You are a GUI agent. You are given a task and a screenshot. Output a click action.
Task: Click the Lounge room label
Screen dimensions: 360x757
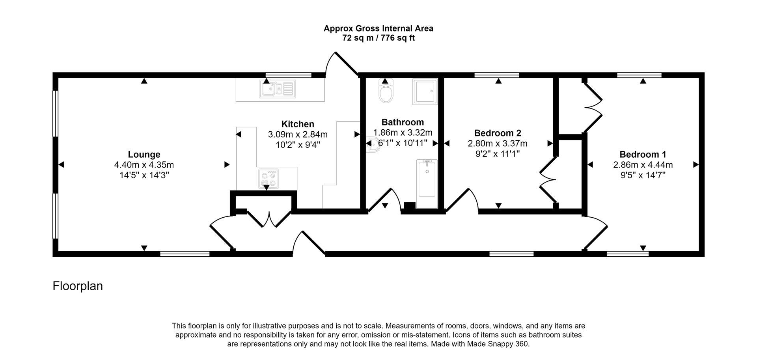click(144, 155)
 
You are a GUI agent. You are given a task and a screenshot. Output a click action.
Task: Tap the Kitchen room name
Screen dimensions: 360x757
click(298, 124)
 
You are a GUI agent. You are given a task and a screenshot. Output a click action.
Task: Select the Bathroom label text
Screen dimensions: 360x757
click(403, 122)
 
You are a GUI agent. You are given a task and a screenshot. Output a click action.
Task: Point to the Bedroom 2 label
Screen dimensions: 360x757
click(498, 133)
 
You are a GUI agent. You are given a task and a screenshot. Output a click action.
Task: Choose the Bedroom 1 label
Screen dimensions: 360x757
click(643, 155)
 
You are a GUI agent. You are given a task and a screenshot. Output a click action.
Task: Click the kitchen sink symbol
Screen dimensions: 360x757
click(277, 89)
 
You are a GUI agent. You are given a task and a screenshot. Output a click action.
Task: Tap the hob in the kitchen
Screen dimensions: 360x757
click(268, 179)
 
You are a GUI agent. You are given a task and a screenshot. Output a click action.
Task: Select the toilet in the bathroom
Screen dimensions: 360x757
click(386, 92)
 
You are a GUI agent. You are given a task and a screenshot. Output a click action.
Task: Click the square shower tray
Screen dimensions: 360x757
click(425, 91)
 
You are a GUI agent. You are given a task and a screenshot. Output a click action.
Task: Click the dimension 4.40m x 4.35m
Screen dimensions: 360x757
click(144, 165)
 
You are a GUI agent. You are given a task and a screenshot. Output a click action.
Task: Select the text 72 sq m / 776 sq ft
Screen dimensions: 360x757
click(378, 38)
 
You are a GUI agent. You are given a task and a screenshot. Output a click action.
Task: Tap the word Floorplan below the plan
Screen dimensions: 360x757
click(78, 286)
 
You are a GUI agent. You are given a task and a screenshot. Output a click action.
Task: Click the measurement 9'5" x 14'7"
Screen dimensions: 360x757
click(643, 175)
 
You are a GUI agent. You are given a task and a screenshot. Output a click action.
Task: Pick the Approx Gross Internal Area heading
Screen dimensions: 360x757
click(378, 28)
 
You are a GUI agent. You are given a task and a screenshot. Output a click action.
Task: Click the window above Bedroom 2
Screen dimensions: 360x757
click(496, 75)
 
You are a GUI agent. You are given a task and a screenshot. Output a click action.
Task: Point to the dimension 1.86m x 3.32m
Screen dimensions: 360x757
click(403, 132)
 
